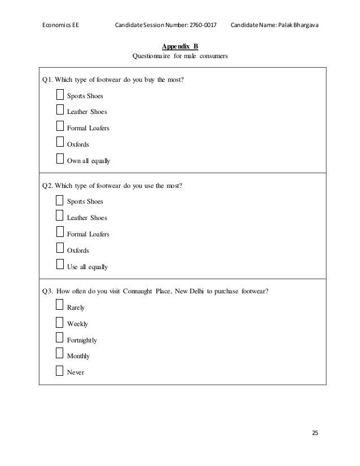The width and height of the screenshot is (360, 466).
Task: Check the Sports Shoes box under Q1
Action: pyautogui.click(x=60, y=94)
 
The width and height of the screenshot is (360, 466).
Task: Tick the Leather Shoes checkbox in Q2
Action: pyautogui.click(x=60, y=216)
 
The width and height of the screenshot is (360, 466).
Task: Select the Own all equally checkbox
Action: pyautogui.click(x=60, y=159)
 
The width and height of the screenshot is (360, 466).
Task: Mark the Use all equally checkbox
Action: pyautogui.click(x=60, y=265)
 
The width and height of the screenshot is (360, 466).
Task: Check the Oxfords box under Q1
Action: pyautogui.click(x=60, y=143)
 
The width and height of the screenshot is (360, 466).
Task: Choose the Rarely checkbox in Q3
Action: pyautogui.click(x=60, y=306)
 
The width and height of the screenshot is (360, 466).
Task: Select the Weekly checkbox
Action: pyautogui.click(x=60, y=323)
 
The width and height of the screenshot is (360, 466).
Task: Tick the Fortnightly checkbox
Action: pyautogui.click(x=60, y=338)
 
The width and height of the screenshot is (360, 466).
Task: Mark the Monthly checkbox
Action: pyautogui.click(x=60, y=354)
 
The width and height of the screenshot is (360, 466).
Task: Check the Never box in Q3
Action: pyautogui.click(x=60, y=371)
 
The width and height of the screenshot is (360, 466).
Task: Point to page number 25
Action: pyautogui.click(x=315, y=433)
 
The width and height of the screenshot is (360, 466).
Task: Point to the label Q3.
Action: pyautogui.click(x=48, y=291)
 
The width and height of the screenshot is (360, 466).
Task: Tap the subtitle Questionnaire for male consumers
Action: pyautogui.click(x=180, y=56)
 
